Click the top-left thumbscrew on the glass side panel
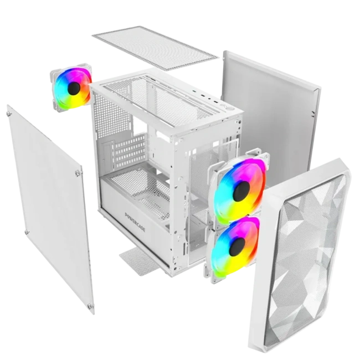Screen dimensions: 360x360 pos(9,115)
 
